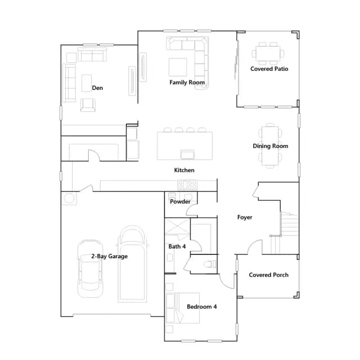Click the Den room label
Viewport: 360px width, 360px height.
pyautogui.click(x=97, y=88)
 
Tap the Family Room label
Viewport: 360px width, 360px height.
pyautogui.click(x=187, y=83)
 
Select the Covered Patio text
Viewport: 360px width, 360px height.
pyautogui.click(x=269, y=69)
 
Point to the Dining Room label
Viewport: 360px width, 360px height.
pyautogui.click(x=270, y=146)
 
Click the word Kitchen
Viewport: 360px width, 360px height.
pyautogui.click(x=184, y=170)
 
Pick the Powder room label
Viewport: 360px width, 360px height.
pyautogui.click(x=180, y=201)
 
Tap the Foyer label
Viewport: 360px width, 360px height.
pyautogui.click(x=245, y=217)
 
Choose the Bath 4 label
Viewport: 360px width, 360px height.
pyautogui.click(x=177, y=246)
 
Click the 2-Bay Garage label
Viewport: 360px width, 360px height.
pyautogui.click(x=109, y=256)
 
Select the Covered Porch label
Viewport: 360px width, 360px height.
pyautogui.click(x=269, y=275)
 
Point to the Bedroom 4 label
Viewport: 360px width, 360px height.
pyautogui.click(x=201, y=307)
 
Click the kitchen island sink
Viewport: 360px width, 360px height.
pyautogui.click(x=187, y=154)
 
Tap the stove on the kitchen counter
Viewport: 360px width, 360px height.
pyautogui.click(x=187, y=184)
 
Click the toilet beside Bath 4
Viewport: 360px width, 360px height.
pyautogui.click(x=210, y=264)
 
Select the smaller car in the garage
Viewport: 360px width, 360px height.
pyautogui.click(x=90, y=268)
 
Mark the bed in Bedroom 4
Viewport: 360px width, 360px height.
pyautogui.click(x=182, y=308)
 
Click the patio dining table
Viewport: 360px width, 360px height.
pyautogui.click(x=268, y=53)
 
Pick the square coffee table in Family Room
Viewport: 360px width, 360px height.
pyautogui.click(x=178, y=67)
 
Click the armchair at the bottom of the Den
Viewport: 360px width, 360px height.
pyautogui.click(x=88, y=105)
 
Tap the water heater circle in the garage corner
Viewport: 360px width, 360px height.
pyautogui.click(x=69, y=199)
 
